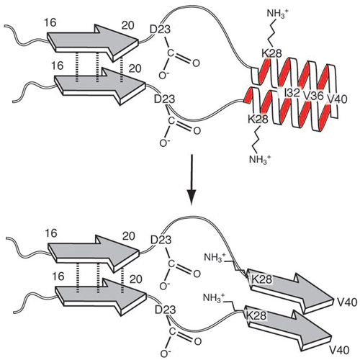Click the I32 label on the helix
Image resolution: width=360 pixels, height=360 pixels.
[x=292, y=93]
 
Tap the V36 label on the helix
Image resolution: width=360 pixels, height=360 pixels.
[x=313, y=96]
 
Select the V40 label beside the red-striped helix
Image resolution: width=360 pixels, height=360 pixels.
[x=337, y=99]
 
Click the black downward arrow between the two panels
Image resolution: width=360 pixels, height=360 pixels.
[x=192, y=180]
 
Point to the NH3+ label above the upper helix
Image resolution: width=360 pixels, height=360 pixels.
[x=276, y=14]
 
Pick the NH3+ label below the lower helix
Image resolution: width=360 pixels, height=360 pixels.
[x=260, y=159]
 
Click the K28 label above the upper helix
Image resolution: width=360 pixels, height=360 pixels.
[x=271, y=53]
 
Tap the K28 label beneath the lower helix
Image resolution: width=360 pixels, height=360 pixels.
[x=258, y=120]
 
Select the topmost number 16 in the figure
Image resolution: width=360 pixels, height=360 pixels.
[x=50, y=23]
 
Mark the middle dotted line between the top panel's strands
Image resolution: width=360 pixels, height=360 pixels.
[x=97, y=68]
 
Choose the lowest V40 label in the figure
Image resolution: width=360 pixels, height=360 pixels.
[x=339, y=351]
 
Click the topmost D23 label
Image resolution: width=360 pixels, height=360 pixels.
[x=160, y=30]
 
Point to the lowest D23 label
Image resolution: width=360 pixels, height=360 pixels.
[x=166, y=310]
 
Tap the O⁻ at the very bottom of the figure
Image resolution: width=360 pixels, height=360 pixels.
[x=165, y=354]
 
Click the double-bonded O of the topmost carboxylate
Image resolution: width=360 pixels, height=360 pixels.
[x=196, y=63]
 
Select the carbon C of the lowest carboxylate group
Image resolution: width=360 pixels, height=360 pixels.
[x=172, y=331]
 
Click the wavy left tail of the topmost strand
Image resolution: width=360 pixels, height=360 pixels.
[x=26, y=36]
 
